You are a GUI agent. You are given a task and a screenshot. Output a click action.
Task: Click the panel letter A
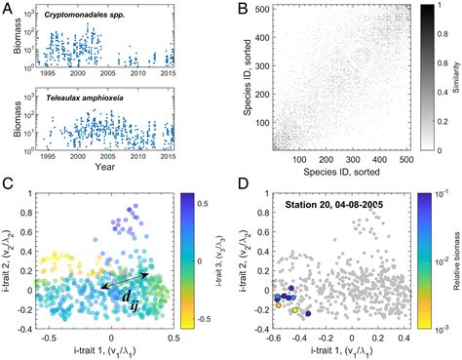[8, 9]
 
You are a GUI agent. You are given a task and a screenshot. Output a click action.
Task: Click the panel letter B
[240, 9]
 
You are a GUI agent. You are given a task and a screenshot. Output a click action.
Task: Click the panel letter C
[8, 183]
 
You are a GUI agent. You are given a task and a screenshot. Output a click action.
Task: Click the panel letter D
[240, 183]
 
